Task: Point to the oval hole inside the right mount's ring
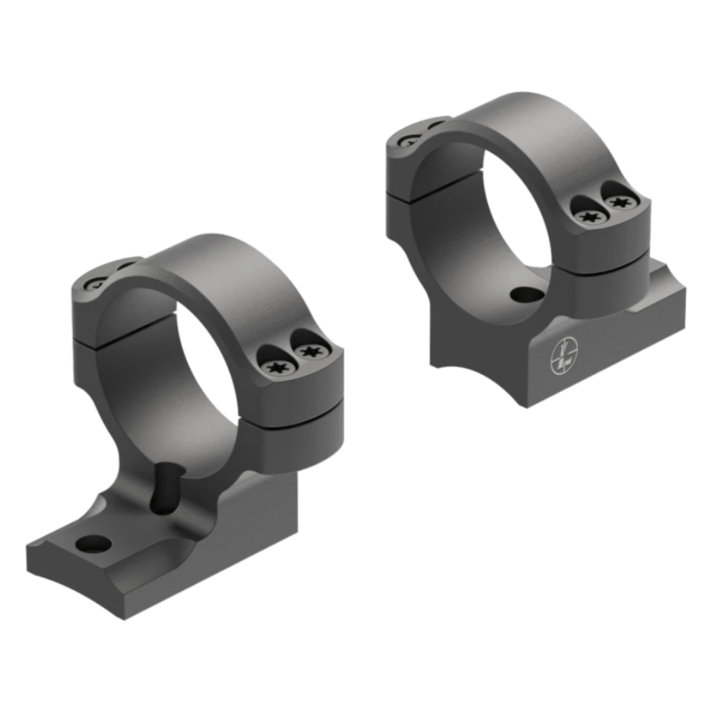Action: tap(524, 295)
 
